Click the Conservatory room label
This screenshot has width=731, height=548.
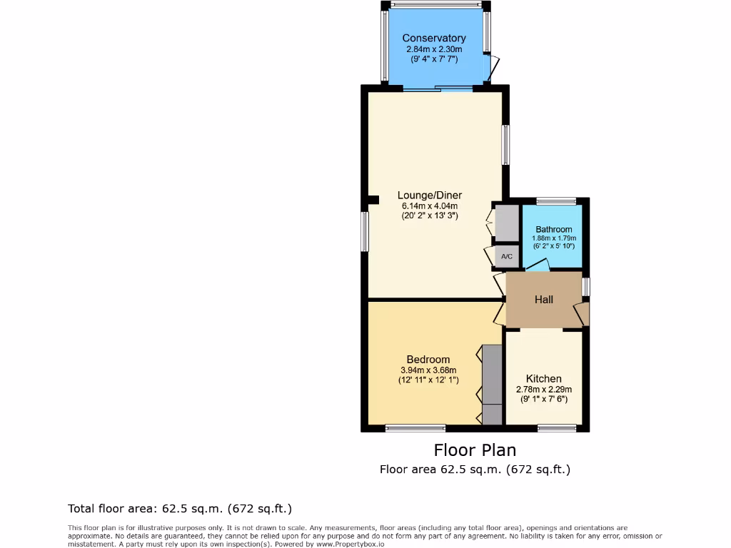tap(434, 38)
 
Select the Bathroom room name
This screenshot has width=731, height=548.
tap(554, 229)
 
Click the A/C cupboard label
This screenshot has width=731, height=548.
tap(507, 256)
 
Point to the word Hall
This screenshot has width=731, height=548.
tap(544, 300)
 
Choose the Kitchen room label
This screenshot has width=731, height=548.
tap(544, 378)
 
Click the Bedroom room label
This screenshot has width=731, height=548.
tap(428, 359)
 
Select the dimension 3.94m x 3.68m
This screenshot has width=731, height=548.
tap(428, 370)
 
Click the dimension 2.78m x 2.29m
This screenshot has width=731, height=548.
tap(544, 390)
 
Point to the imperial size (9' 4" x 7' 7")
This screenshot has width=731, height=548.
tap(434, 60)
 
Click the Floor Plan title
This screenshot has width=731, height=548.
tap(475, 450)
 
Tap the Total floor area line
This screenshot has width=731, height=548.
tap(180, 509)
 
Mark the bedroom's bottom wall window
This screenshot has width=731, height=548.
tap(415, 429)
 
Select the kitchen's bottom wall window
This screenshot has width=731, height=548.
tap(557, 429)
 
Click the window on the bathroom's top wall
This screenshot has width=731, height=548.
tap(556, 201)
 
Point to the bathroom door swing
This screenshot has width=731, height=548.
tap(538, 265)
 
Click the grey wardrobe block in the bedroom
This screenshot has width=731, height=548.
tap(492, 385)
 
